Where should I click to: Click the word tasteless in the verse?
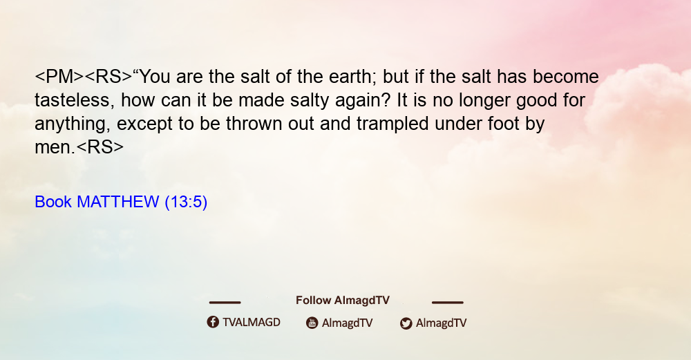coord(71,100)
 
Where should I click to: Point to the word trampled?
coord(392,124)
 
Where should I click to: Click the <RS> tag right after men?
coord(100,147)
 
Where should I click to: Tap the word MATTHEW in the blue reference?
coord(117,202)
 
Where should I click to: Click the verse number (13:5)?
coord(186,202)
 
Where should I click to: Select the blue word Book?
coord(53,202)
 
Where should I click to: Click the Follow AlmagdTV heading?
coord(343,301)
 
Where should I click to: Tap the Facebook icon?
coord(213,322)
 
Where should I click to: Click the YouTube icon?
coord(312,323)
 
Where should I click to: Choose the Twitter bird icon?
coord(406,323)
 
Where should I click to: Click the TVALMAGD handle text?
coord(252,323)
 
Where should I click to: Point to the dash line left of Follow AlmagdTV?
coord(225,303)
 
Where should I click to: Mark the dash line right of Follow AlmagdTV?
coord(448,303)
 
